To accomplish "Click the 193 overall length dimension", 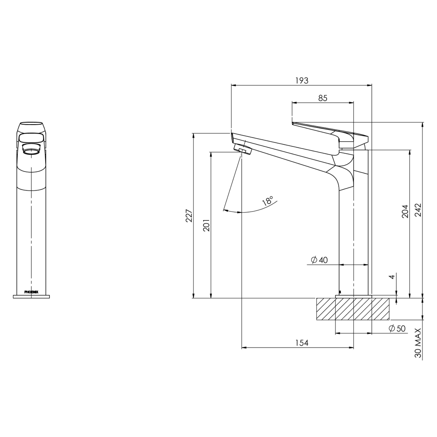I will click(301, 81).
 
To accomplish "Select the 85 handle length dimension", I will click(322, 98).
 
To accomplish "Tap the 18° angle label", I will click(268, 201).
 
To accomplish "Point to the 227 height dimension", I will click(189, 216).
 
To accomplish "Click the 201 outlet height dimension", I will click(206, 225).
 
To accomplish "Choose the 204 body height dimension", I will click(405, 211).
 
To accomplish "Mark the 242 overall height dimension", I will click(418, 210).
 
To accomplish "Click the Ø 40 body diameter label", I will click(319, 260).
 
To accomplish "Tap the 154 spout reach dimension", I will click(301, 343).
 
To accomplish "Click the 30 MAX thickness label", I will click(418, 343).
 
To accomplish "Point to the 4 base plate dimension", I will click(392, 277).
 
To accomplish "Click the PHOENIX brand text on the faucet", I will click(31, 292).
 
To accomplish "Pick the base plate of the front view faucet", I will click(31, 297).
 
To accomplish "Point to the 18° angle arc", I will click(255, 209).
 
